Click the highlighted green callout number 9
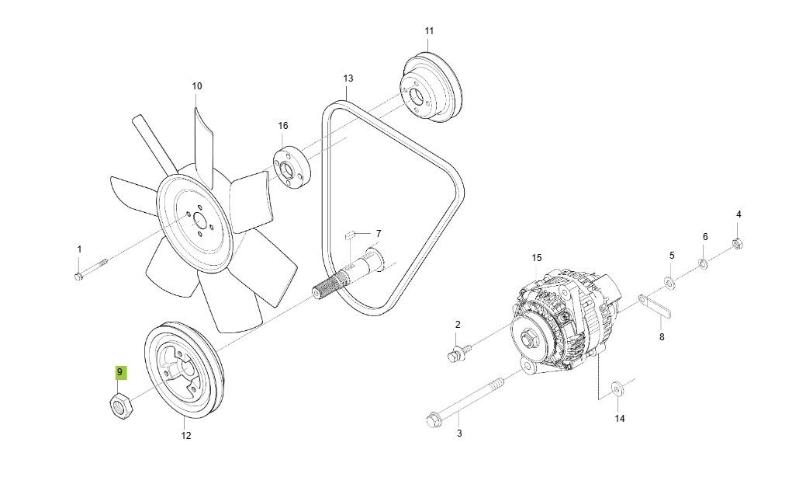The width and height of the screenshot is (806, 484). point(120,373)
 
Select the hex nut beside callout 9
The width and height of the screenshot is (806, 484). point(119,405)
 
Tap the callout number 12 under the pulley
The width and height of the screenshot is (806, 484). point(186,436)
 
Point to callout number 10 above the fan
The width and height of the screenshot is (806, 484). point(196,85)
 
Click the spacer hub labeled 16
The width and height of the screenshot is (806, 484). point(291,167)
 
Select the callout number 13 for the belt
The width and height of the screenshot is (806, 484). point(348,78)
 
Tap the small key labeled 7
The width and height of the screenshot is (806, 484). point(350,232)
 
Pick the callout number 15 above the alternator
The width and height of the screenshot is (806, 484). point(536,257)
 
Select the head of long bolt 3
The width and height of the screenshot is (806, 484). point(434,421)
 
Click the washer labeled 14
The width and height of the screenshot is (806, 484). point(616,388)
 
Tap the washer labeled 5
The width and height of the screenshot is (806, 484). point(669,279)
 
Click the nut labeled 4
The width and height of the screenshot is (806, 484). point(738,247)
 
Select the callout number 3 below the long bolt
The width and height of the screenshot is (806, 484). point(458,433)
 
